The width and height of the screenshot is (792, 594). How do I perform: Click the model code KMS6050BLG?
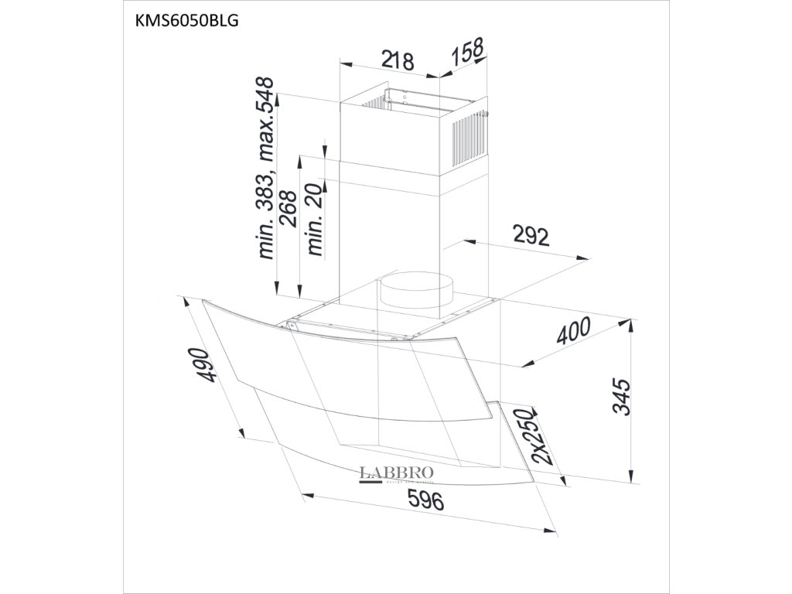pos(186,20)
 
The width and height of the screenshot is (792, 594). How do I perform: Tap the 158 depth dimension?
pos(468,53)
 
